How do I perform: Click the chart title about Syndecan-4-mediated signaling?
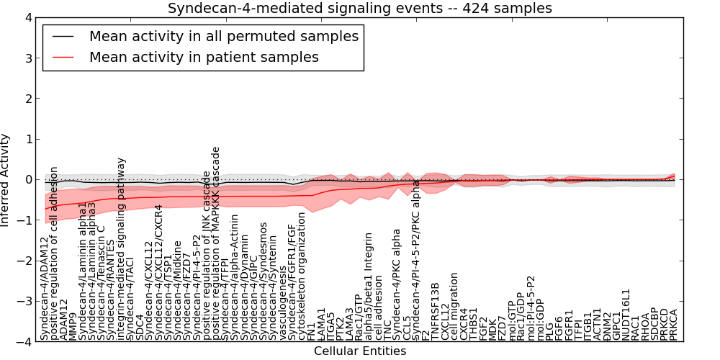tap(360, 8)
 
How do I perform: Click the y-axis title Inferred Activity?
tap(6, 180)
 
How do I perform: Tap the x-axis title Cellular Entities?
tap(360, 351)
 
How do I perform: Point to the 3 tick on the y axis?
tap(28, 58)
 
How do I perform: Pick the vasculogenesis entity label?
tap(283, 303)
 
